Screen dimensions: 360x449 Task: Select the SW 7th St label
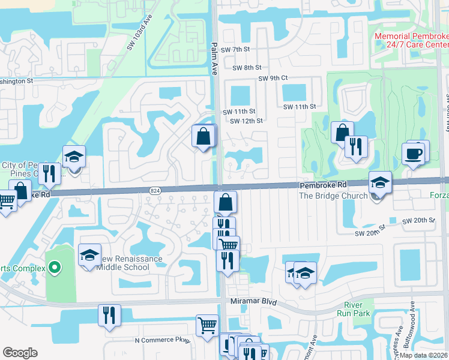pos(235,49)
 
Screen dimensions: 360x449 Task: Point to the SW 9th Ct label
pos(273,78)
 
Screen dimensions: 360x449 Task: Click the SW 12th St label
pos(247,121)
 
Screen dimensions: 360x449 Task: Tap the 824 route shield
pos(154,190)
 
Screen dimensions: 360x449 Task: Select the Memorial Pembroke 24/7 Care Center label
pos(411,40)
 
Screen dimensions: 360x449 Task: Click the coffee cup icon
pos(414,154)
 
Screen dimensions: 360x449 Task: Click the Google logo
pos(20,353)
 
